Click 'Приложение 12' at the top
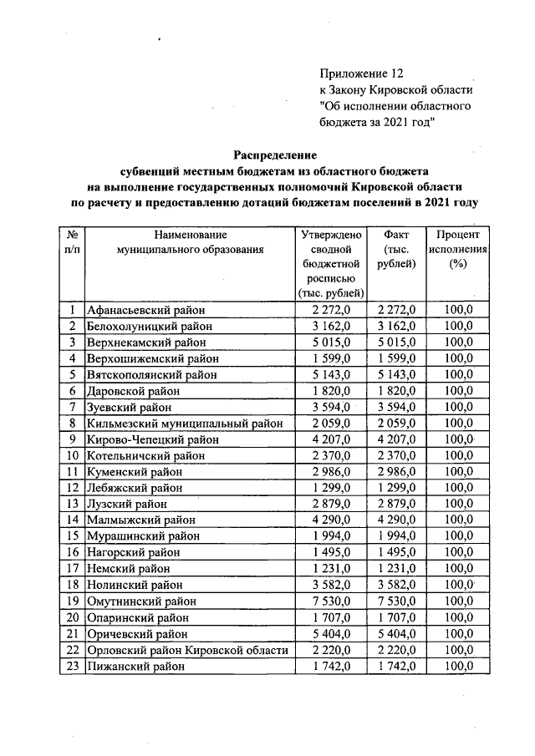point(361,74)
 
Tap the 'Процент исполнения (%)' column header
point(456,249)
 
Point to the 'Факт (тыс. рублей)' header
point(396,249)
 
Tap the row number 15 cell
point(73,536)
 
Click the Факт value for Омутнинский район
point(397,601)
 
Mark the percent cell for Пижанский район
point(457,667)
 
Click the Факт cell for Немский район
point(397,569)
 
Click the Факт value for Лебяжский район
point(397,488)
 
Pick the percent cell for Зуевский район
point(457,408)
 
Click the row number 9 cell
point(73,439)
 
